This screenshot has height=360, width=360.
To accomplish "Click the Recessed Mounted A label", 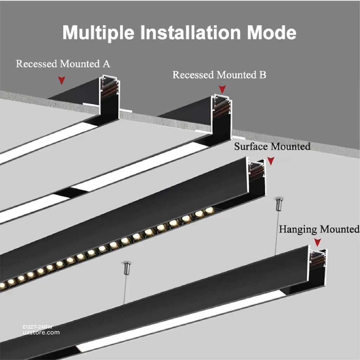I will coord(63,64).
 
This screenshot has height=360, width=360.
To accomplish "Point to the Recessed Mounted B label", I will coord(219,75).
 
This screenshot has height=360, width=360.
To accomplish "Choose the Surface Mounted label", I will coord(272,146).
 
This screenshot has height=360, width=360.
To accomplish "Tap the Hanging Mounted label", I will coord(319,230).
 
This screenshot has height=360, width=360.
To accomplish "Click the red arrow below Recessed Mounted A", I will coord(62,81).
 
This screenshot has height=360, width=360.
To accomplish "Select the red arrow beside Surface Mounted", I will coord(271,161).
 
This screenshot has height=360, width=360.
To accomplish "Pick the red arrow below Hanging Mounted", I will coord(318,242).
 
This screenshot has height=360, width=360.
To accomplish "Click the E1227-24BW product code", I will coord(35,327).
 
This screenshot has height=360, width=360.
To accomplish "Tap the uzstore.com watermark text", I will coord(38,333).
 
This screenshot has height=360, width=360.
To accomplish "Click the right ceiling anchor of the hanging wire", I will coord(279,203).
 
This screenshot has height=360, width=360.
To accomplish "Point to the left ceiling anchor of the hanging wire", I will coord(127,266).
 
